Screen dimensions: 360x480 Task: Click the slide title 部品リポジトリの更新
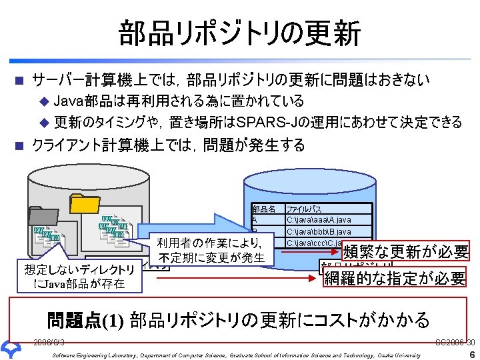(x=240, y=33)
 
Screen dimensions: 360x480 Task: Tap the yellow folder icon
(x=85, y=203)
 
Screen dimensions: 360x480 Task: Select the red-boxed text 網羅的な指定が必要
(x=394, y=278)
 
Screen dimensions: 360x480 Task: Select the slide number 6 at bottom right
(x=471, y=354)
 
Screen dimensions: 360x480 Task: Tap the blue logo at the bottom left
(x=12, y=349)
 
